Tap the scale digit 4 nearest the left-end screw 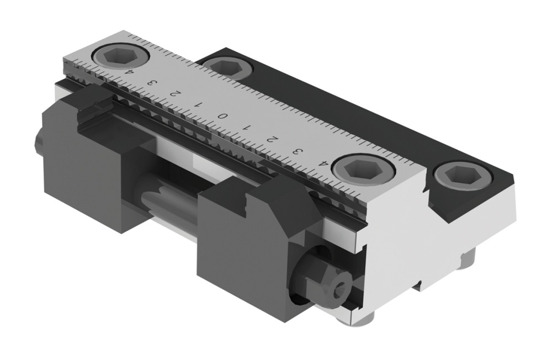click(x=130, y=71)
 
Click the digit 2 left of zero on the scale click(x=173, y=93)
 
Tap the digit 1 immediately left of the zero click(x=198, y=104)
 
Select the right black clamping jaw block click(x=248, y=237)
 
